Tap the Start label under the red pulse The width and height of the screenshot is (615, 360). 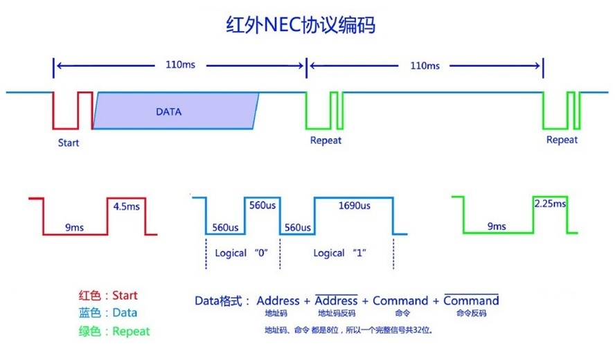[69, 143]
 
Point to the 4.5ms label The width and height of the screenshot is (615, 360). [126, 206]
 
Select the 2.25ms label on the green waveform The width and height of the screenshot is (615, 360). [550, 204]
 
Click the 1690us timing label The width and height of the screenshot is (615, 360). [353, 206]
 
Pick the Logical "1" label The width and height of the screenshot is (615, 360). [339, 253]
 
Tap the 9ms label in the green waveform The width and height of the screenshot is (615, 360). [496, 226]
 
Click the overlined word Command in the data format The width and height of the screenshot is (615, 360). [471, 300]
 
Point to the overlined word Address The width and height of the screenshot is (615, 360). [337, 300]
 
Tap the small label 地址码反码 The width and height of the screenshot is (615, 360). [336, 314]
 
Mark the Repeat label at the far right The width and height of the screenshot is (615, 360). [562, 140]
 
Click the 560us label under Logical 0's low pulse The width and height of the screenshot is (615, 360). [225, 228]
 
